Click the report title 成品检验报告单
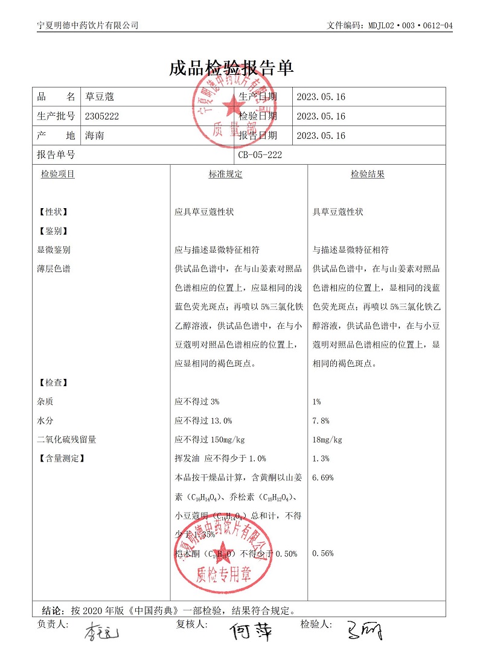tap(232, 68)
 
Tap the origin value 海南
tap(95, 136)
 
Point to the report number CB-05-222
tap(260, 155)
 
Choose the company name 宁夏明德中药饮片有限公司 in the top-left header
tap(88, 25)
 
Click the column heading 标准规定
tap(225, 174)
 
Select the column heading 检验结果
tap(368, 174)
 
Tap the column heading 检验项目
tap(58, 174)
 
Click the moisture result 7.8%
tap(321, 420)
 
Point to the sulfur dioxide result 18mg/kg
tap(327, 440)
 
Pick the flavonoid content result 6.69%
tap(323, 478)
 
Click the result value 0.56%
tap(323, 553)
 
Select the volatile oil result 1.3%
tap(321, 458)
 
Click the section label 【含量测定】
tap(61, 458)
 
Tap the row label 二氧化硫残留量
tap(66, 440)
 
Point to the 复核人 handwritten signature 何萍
tap(251, 632)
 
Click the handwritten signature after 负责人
tap(101, 633)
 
